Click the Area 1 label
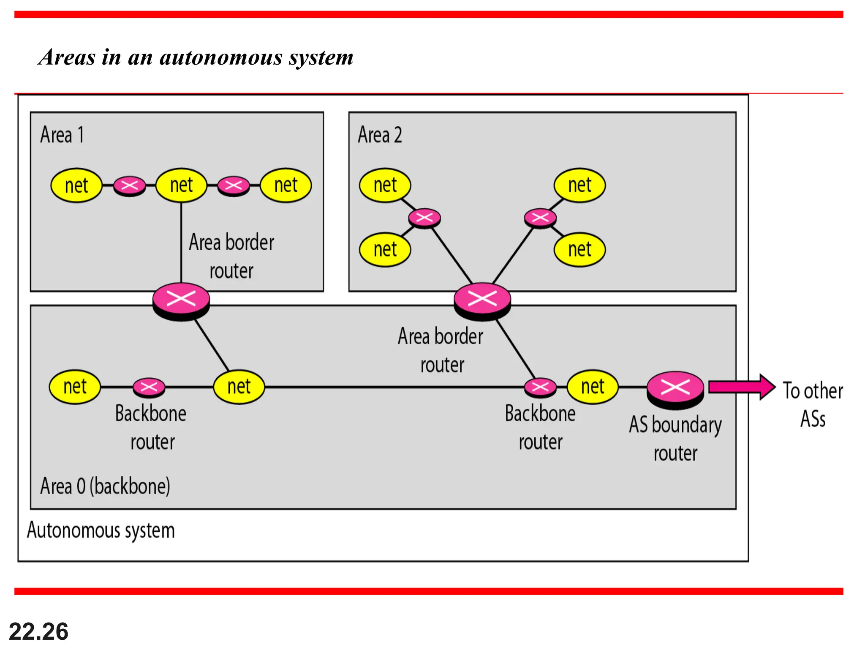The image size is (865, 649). coord(62,135)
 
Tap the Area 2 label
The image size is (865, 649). coord(379,135)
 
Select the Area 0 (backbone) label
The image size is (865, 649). coord(105,486)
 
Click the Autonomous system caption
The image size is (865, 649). coord(101,530)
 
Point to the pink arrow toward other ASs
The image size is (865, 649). coord(741,387)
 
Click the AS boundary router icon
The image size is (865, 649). coord(675,388)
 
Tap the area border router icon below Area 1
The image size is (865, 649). coord(181,299)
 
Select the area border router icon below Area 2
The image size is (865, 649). coord(482,299)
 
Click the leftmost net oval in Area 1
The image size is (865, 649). coord(76,185)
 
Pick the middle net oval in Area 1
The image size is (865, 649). coord(181,185)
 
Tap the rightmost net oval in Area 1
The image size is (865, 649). coord(286,185)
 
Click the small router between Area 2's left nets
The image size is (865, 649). coord(424,218)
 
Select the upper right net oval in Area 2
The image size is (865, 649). coord(579,185)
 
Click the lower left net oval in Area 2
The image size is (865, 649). coord(385,249)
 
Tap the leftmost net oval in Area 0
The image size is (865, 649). coord(75,387)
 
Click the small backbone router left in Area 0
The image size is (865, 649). coord(149,387)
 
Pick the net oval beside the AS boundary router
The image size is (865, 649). coord(592,387)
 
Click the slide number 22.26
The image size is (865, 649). coord(38,632)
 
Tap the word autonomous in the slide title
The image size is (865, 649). coord(221,57)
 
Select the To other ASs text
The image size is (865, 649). coord(813,404)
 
